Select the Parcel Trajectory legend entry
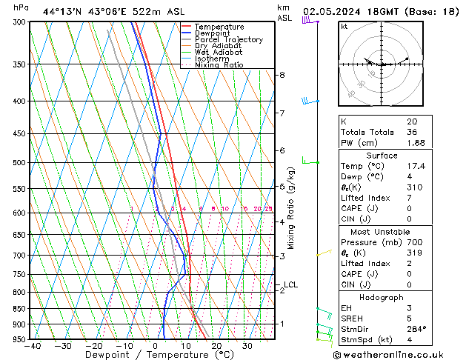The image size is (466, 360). (229, 40)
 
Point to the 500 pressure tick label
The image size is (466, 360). (19, 162)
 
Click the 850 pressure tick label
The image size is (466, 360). (19, 309)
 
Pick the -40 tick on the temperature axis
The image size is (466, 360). (32, 346)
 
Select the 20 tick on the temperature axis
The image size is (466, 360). (216, 346)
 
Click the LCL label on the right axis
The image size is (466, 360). (291, 284)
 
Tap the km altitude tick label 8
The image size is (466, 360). (282, 75)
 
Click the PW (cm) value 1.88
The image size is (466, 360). (416, 143)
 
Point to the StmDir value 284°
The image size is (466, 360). (416, 329)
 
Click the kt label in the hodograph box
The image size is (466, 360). (344, 26)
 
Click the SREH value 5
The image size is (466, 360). (409, 318)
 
